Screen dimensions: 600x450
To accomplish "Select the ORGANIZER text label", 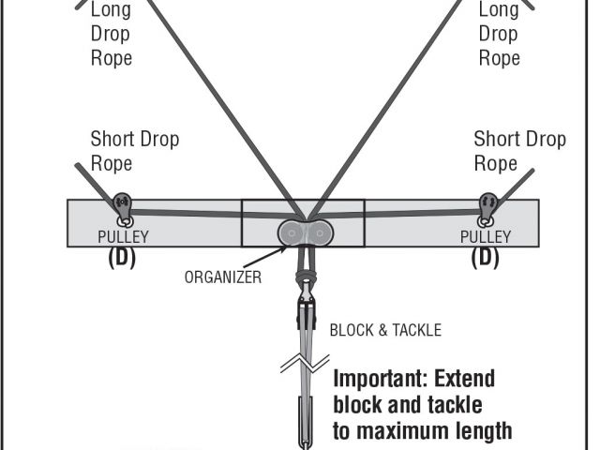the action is (x=223, y=277).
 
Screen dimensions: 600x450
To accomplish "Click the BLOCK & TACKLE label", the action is (x=385, y=330).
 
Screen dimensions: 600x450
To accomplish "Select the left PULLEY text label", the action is (x=123, y=237).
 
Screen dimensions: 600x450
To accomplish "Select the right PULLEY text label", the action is (x=486, y=237).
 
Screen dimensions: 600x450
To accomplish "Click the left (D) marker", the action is (x=122, y=257).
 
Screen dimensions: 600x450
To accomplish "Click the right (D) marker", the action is (x=485, y=257).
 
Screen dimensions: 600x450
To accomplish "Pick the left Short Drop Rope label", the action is (x=134, y=151).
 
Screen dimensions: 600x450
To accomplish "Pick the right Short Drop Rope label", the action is (x=519, y=151).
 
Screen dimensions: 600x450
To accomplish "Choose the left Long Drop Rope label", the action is (x=112, y=34).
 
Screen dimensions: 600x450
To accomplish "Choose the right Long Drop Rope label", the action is (x=500, y=34).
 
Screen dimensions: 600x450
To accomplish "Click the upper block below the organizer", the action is (x=303, y=309).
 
